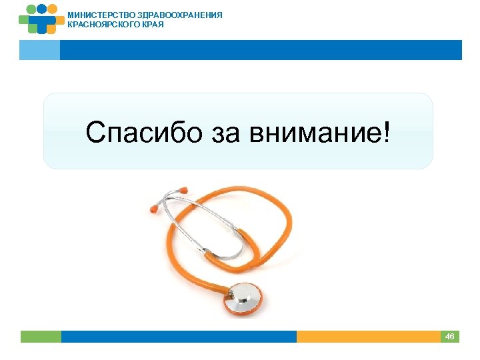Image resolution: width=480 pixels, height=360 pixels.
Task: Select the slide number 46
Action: pyautogui.click(x=449, y=337)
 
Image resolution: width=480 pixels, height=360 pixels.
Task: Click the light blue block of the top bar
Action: pyautogui.click(x=39, y=50)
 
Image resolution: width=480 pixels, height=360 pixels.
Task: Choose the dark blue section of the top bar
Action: pyautogui.click(x=260, y=50)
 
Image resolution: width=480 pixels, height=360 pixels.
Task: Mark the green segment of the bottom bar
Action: pyautogui.click(x=41, y=337)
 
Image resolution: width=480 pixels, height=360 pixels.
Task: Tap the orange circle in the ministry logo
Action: pyautogui.click(x=53, y=9)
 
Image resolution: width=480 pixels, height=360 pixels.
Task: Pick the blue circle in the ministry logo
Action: pyautogui.click(x=41, y=9)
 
